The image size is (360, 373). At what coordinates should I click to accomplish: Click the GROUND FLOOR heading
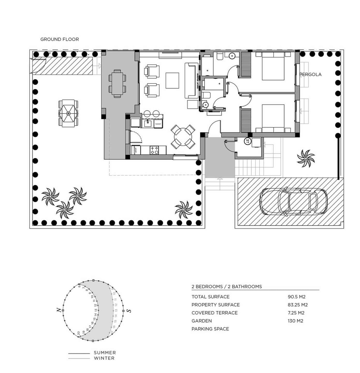[59, 39]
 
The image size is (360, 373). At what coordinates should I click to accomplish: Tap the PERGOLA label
[311, 74]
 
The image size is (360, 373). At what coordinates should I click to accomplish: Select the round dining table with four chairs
[182, 137]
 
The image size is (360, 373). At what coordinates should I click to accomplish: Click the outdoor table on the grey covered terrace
[117, 83]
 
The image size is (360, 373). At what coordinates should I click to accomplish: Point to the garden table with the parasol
[68, 114]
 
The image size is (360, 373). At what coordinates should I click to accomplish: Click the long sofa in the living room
[191, 80]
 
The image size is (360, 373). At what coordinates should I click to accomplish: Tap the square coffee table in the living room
[172, 80]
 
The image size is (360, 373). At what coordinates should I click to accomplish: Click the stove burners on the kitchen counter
[154, 150]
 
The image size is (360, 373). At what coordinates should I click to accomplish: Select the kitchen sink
[147, 123]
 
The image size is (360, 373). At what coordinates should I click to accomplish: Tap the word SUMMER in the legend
[105, 353]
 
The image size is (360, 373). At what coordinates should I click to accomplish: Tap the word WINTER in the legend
[104, 358]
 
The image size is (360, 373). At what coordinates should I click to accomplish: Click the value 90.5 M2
[296, 297]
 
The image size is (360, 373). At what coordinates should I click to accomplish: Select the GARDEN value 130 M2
[295, 321]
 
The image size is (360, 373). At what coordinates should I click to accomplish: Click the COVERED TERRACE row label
[214, 313]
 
